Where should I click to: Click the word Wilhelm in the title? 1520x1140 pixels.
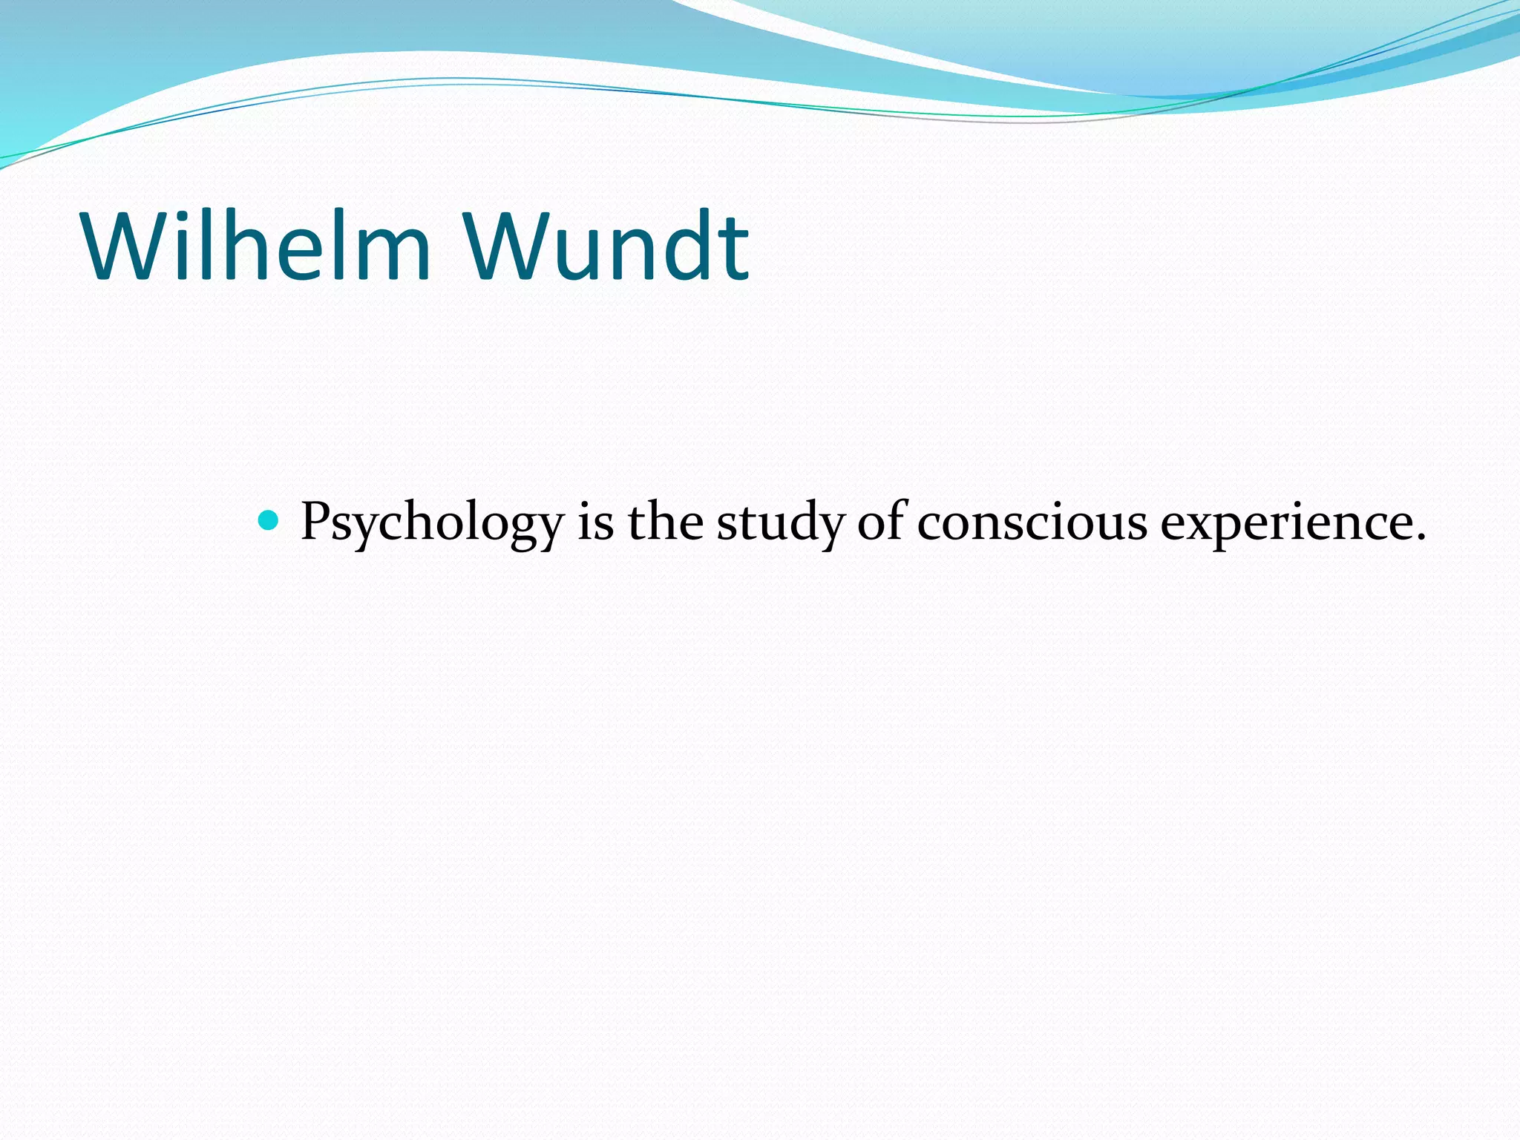pos(256,246)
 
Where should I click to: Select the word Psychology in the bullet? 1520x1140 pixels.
pos(432,523)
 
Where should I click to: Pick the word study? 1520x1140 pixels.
pos(780,523)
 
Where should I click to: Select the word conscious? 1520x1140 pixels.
pos(1032,523)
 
